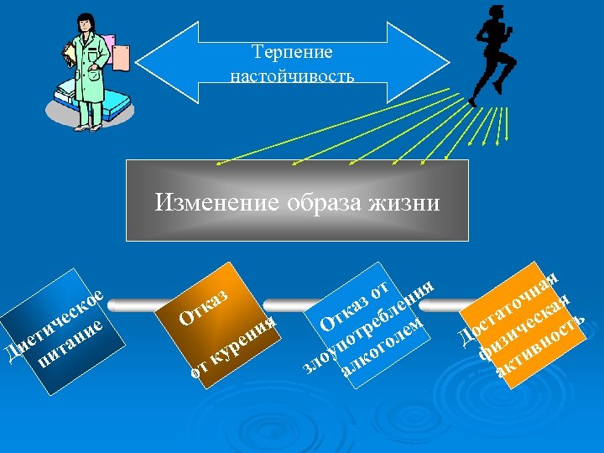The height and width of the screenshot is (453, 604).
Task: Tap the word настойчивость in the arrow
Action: tap(293, 75)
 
